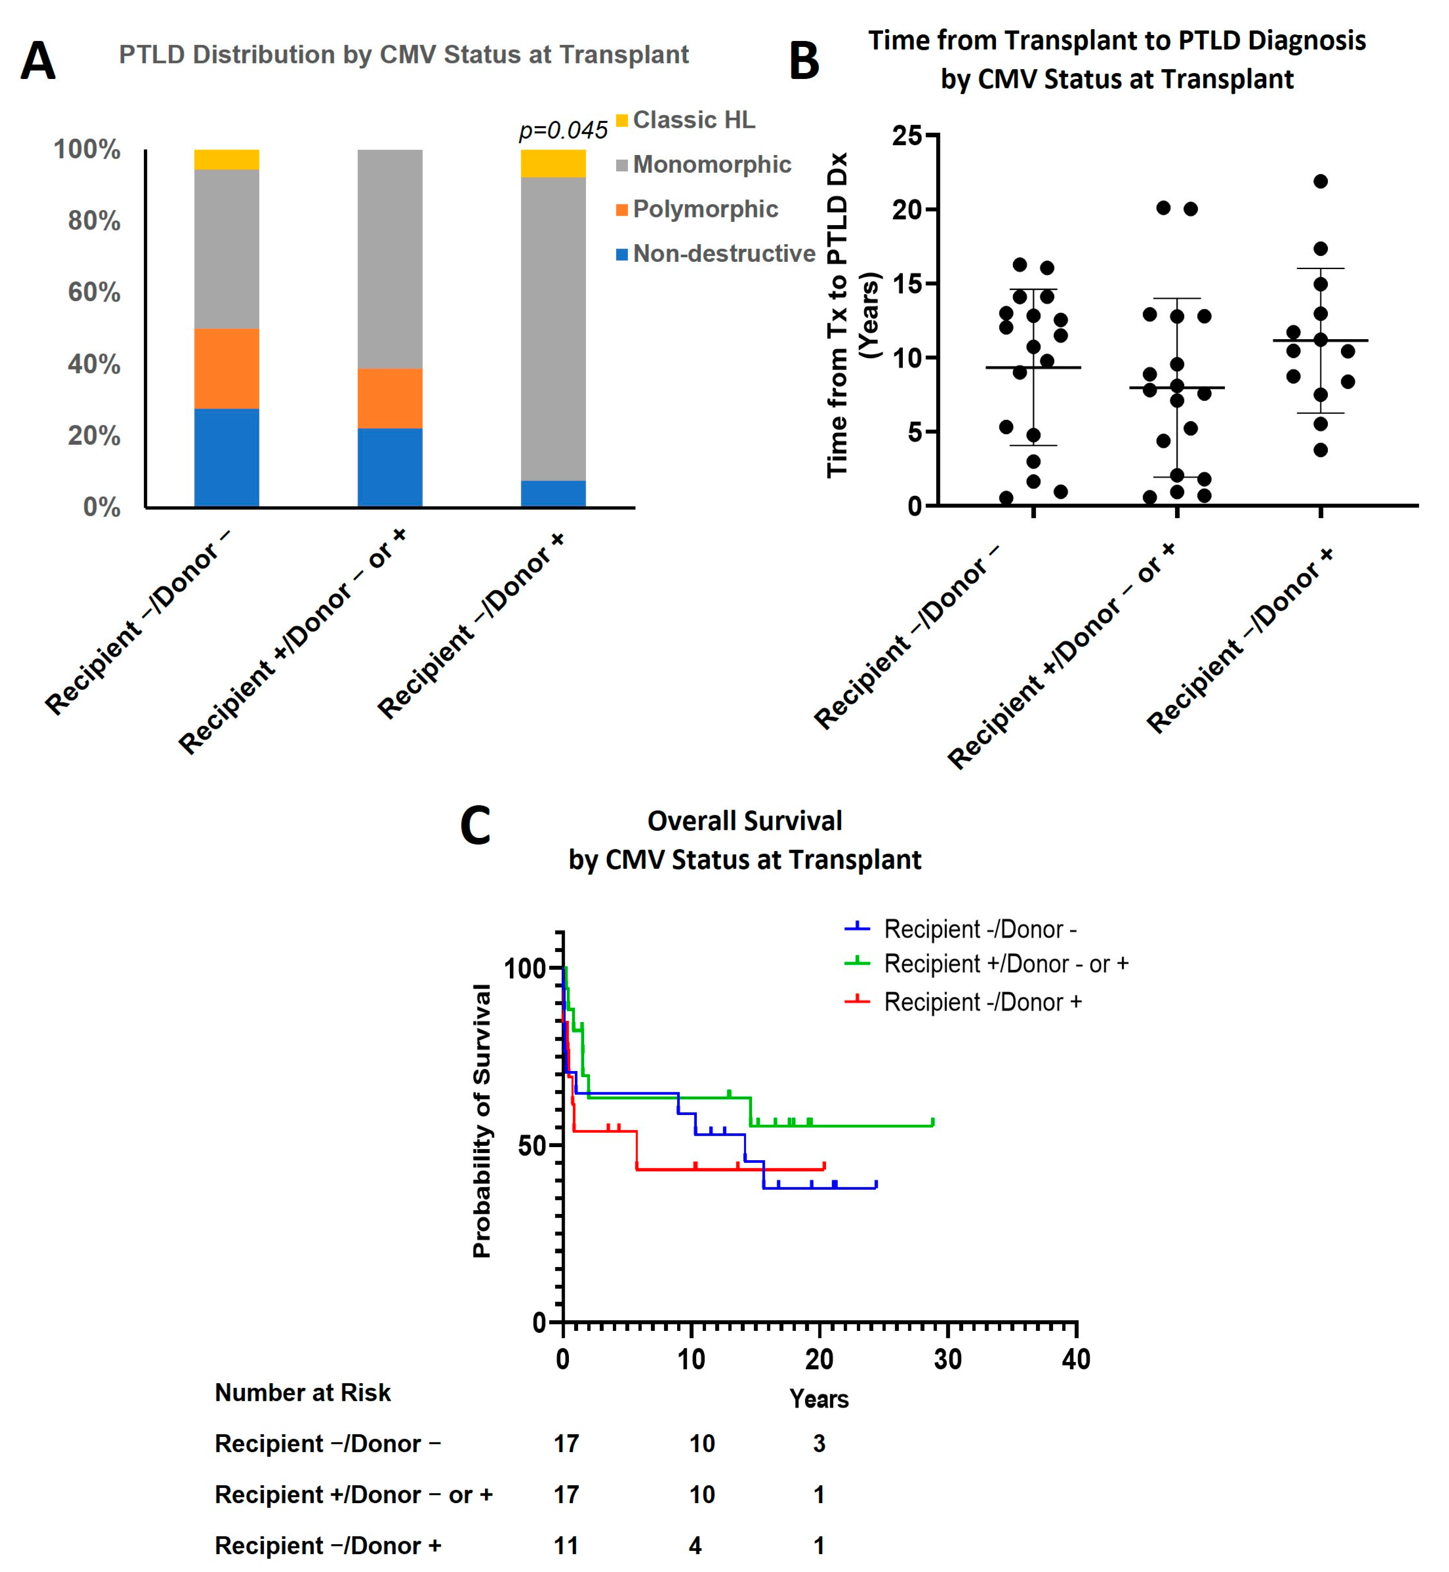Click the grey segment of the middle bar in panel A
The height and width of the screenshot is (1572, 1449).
[390, 259]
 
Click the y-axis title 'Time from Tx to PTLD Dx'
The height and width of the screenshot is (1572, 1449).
[837, 314]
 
